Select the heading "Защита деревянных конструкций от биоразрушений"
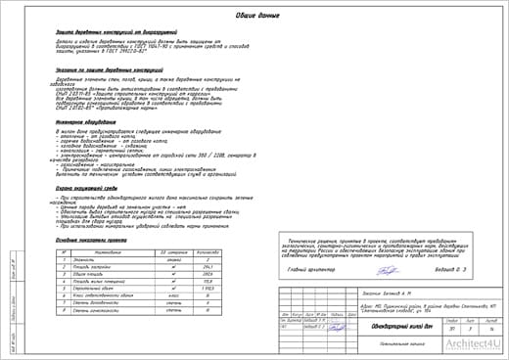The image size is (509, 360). point(116,31)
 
